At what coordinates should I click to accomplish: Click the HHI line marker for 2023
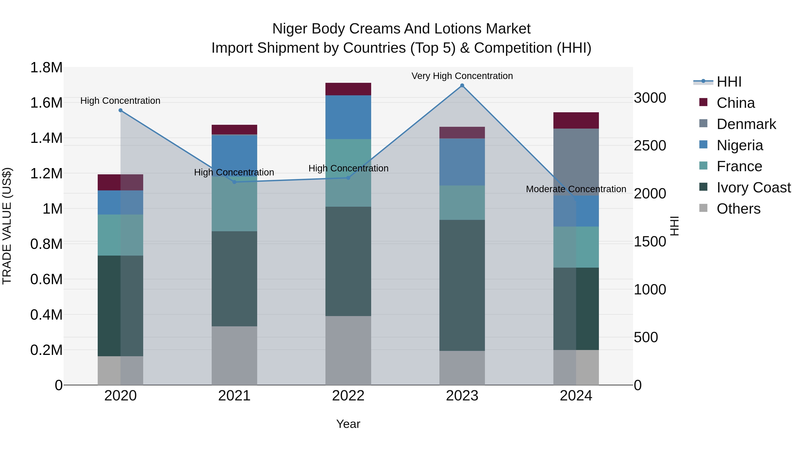pos(462,85)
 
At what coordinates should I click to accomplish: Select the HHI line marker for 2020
pos(121,110)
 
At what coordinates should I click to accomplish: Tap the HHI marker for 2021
pos(234,182)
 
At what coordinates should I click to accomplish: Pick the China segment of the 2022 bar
pos(348,89)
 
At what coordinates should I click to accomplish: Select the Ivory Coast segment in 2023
pos(462,285)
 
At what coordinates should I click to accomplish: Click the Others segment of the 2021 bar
pos(234,356)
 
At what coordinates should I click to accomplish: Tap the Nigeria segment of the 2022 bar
pos(348,117)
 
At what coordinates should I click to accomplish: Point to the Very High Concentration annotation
pos(462,76)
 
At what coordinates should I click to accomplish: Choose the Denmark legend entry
pos(746,124)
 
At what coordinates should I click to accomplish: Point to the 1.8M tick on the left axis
pos(46,68)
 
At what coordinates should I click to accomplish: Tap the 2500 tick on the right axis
pos(650,146)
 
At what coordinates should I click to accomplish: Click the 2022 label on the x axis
pos(348,396)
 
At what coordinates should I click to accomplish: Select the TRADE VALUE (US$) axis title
pos(7,226)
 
